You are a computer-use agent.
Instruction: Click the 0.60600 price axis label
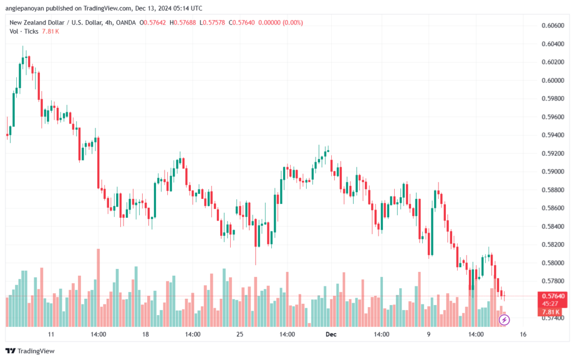553,25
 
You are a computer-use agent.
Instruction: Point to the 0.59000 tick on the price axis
553,171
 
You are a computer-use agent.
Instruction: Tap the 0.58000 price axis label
553,263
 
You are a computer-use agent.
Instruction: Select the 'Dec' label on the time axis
331,334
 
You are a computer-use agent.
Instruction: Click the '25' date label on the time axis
240,334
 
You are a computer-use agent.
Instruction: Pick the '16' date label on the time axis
523,334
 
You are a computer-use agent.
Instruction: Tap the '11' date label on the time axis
51,334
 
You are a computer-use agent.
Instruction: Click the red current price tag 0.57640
553,296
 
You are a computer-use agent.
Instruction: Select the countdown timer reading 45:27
550,303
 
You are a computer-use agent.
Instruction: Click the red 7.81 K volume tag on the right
550,312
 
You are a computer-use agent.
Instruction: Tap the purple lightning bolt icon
504,320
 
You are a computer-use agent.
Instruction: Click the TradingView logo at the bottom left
30,351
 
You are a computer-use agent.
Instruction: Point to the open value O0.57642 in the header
153,22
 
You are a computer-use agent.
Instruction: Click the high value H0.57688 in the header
182,22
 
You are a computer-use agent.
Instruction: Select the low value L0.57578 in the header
212,22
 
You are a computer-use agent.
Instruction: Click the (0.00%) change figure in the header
292,22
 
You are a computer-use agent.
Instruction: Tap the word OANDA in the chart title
126,22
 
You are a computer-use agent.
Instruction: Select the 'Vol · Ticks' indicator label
24,31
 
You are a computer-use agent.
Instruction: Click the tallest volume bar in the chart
98,288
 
